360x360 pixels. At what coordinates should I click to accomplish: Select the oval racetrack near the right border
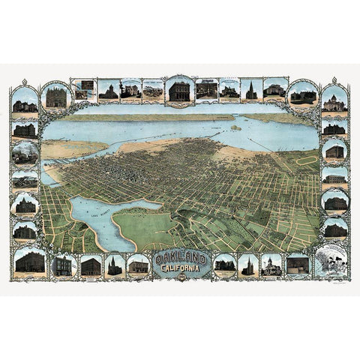pos(307,160)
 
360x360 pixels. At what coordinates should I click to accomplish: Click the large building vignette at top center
pos(179,91)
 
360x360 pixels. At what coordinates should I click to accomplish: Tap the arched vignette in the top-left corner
pos(25,100)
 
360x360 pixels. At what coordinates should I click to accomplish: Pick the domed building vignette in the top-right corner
pos(334,100)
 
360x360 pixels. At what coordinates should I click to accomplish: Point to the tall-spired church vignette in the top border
pos(251,90)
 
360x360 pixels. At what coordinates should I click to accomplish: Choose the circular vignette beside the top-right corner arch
pos(304,94)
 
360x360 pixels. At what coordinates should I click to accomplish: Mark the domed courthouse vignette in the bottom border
pos(271,265)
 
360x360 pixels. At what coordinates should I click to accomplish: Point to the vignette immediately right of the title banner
pos(224,265)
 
